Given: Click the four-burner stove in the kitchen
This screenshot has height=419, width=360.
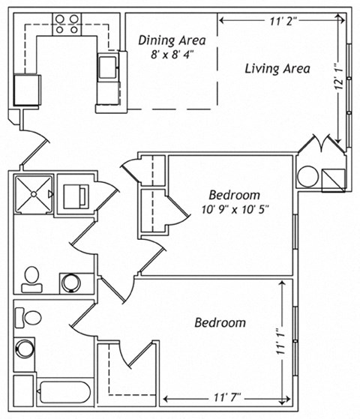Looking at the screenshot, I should point(66,25).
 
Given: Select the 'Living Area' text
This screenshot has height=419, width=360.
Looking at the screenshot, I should point(277,68).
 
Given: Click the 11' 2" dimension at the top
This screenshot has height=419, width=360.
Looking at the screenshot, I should point(283,20).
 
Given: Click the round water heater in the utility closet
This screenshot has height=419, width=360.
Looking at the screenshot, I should point(308,178).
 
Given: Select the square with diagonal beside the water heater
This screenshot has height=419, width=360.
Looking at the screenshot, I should point(332,178).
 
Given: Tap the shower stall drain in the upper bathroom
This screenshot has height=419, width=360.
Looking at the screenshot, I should point(33,193).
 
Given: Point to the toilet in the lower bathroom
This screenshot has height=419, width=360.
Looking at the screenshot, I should point(31,316).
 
